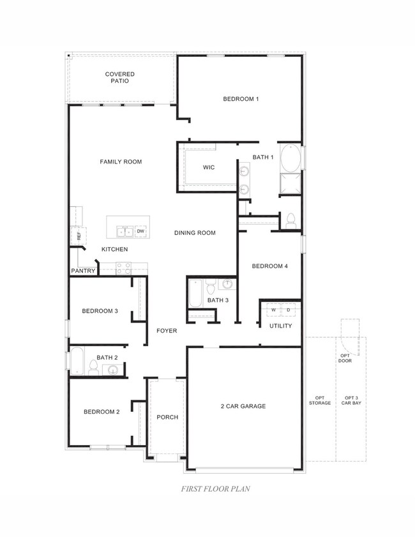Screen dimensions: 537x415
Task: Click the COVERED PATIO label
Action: pyautogui.click(x=120, y=78)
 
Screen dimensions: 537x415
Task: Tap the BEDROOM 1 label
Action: pyautogui.click(x=241, y=99)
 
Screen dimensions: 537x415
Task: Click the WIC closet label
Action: pyautogui.click(x=209, y=167)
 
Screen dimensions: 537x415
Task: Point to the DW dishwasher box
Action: pyautogui.click(x=140, y=231)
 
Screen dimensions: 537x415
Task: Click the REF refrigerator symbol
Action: pyautogui.click(x=79, y=236)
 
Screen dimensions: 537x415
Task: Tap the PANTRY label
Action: pyautogui.click(x=83, y=271)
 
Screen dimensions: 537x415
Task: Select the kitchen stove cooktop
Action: pyautogui.click(x=123, y=268)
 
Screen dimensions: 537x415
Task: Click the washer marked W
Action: pyautogui.click(x=273, y=310)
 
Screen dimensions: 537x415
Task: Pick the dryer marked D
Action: pyautogui.click(x=288, y=310)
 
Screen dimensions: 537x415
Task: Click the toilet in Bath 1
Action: pyautogui.click(x=290, y=220)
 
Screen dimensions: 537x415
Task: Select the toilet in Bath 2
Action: pyautogui.click(x=93, y=368)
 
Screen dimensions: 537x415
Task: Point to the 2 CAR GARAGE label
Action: pyautogui.click(x=243, y=406)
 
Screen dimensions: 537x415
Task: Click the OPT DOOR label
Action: pyautogui.click(x=345, y=358)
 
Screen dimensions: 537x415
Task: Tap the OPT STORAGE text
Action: pyautogui.click(x=320, y=400)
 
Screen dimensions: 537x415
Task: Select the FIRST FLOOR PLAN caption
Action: pyautogui.click(x=207, y=489)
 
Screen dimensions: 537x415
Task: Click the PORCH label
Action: pyautogui.click(x=167, y=417)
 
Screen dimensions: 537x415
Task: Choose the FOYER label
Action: pyautogui.click(x=167, y=331)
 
